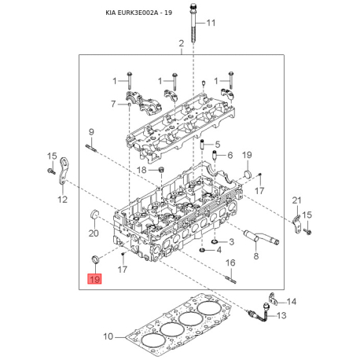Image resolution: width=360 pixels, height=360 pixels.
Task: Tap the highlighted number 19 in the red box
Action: click(94, 279)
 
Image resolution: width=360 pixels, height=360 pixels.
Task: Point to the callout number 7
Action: click(113, 104)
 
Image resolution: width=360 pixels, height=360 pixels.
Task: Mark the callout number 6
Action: click(230, 155)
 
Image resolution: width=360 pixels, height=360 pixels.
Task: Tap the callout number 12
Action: click(61, 200)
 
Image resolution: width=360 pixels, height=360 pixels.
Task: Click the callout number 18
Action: click(141, 170)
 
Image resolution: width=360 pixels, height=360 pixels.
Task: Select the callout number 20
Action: click(93, 233)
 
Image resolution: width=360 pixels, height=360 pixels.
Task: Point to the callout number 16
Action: click(231, 263)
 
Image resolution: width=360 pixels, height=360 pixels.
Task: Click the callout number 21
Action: click(296, 200)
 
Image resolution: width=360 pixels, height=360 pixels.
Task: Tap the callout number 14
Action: click(292, 302)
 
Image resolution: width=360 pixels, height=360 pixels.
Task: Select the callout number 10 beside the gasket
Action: click(108, 336)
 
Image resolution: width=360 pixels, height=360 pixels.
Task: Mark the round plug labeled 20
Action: click(92, 215)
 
